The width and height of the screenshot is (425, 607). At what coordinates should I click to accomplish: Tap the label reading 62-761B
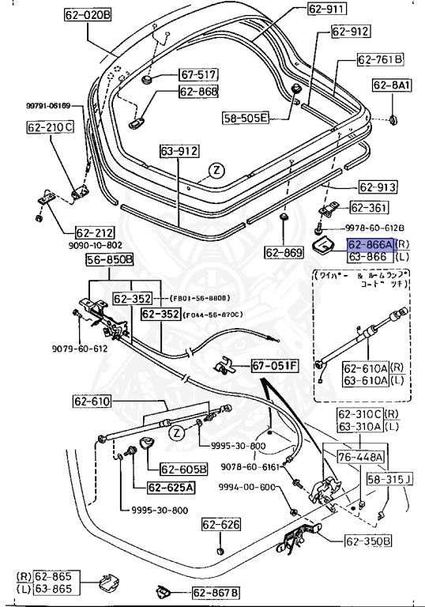click(x=380, y=59)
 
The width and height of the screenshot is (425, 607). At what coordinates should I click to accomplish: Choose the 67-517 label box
click(x=197, y=74)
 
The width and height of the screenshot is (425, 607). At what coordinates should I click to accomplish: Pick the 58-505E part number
click(x=246, y=118)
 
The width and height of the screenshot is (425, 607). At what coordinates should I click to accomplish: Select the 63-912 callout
click(x=179, y=149)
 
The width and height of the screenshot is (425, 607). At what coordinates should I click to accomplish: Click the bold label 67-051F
click(x=254, y=366)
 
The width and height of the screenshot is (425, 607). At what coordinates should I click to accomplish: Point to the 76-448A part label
click(x=361, y=457)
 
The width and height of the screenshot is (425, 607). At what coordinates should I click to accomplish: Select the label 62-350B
click(x=367, y=542)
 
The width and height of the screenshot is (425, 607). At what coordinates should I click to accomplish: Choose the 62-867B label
click(x=215, y=592)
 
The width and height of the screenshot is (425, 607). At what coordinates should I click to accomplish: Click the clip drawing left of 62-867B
click(x=164, y=590)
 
